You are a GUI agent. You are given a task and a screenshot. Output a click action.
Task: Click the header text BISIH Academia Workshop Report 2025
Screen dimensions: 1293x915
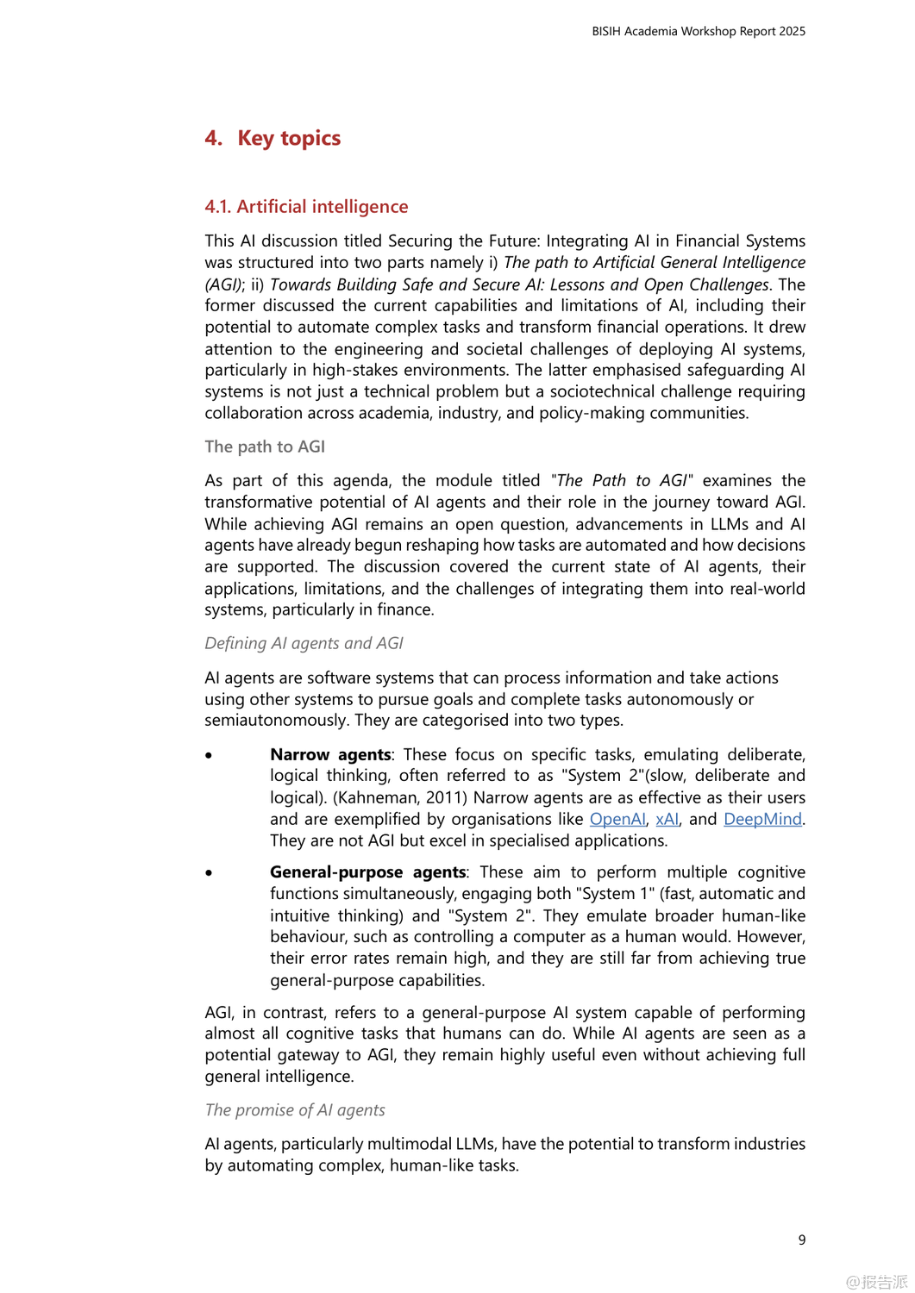point(698,31)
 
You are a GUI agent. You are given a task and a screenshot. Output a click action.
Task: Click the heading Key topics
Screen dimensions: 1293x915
point(289,138)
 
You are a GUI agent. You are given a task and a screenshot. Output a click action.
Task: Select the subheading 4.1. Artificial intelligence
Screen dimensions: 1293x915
point(306,207)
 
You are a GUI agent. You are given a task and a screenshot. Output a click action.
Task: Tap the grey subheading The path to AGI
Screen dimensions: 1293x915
point(265,447)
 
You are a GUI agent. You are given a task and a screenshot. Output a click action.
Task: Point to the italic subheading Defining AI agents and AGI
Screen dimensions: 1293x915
point(304,643)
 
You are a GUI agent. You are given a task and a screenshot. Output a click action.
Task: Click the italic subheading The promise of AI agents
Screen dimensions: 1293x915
point(295,1110)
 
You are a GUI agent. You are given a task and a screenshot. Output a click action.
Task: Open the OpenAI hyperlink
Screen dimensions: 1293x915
point(617,819)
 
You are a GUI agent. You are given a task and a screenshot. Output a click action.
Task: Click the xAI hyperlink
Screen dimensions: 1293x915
point(667,819)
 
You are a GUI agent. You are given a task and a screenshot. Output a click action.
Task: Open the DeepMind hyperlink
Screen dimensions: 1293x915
point(762,819)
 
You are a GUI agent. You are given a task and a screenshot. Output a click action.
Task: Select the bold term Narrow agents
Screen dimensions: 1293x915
point(330,754)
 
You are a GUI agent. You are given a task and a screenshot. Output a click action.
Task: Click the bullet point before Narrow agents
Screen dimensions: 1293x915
point(209,755)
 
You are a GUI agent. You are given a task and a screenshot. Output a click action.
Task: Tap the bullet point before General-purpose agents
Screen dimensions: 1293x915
point(209,873)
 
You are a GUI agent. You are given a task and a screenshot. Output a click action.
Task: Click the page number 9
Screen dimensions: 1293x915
point(802,1240)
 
